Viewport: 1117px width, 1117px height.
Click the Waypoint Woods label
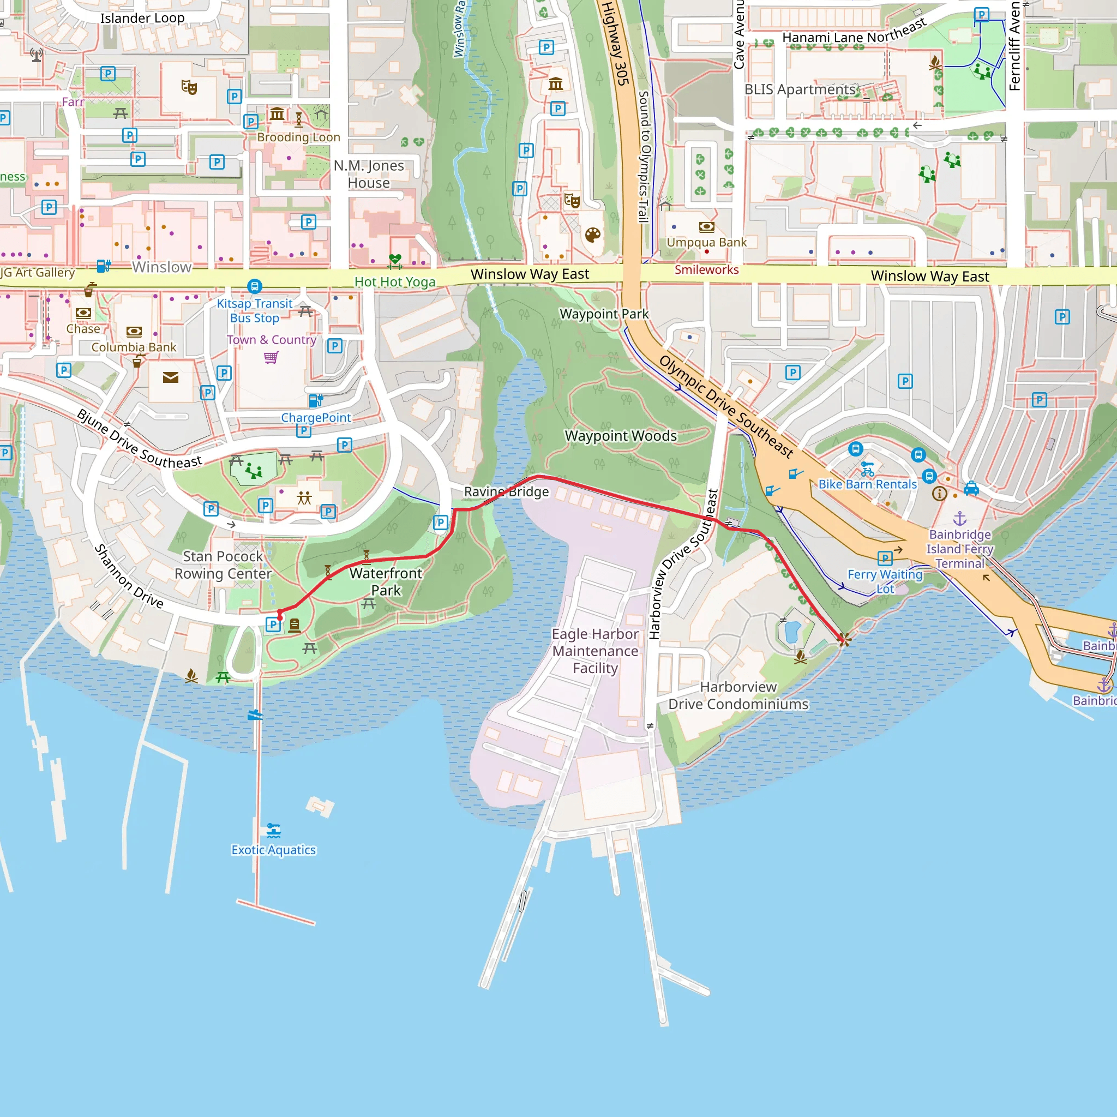[x=620, y=436]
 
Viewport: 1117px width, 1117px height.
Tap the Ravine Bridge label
[x=507, y=492]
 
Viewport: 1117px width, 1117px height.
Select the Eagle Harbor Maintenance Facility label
[x=595, y=651]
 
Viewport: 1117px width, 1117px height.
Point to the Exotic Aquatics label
[x=273, y=850]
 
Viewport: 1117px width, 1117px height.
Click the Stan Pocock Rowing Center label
[x=223, y=565]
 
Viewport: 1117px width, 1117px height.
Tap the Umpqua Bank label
[x=706, y=242]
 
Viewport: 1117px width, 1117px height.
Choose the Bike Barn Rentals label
[x=867, y=484]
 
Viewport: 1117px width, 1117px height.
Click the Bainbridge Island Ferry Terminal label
[x=960, y=549]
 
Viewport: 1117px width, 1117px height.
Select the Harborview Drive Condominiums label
[x=738, y=695]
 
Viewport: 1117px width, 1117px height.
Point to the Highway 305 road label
[x=615, y=44]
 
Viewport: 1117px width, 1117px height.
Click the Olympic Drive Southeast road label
[x=726, y=407]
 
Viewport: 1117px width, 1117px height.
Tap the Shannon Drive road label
[x=129, y=576]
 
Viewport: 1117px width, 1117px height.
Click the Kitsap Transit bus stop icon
[x=254, y=286]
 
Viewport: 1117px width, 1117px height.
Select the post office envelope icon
[x=171, y=377]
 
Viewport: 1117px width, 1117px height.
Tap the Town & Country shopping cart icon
[x=271, y=357]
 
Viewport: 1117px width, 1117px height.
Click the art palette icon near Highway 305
[x=593, y=235]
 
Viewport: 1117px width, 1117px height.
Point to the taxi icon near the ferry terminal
[x=971, y=489]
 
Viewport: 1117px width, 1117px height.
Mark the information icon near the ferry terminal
[x=940, y=493]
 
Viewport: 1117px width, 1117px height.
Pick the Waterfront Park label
[x=386, y=581]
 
